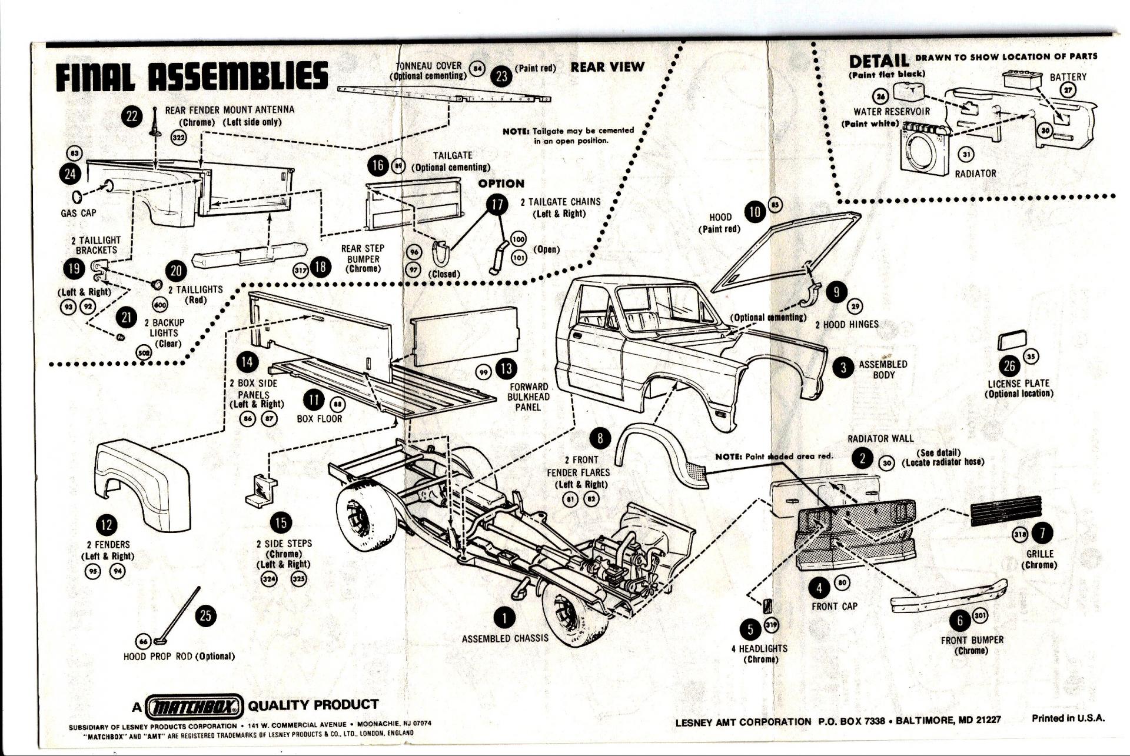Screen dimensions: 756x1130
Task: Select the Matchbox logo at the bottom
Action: click(x=194, y=706)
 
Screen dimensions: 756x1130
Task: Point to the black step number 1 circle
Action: click(x=504, y=617)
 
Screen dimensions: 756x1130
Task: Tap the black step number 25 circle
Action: click(x=205, y=616)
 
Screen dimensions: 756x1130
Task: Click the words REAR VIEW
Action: click(x=607, y=67)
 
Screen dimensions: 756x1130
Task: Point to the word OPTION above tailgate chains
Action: click(x=501, y=184)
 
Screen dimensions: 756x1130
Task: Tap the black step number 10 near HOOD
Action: click(x=755, y=212)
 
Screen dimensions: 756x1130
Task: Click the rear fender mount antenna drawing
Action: click(x=155, y=124)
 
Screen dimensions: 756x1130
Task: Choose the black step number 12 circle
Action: click(x=107, y=525)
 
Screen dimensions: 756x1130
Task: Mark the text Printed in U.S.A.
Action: click(x=1068, y=718)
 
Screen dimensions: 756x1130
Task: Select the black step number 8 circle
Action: click(x=600, y=438)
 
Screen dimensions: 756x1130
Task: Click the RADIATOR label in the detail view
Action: click(x=975, y=174)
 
